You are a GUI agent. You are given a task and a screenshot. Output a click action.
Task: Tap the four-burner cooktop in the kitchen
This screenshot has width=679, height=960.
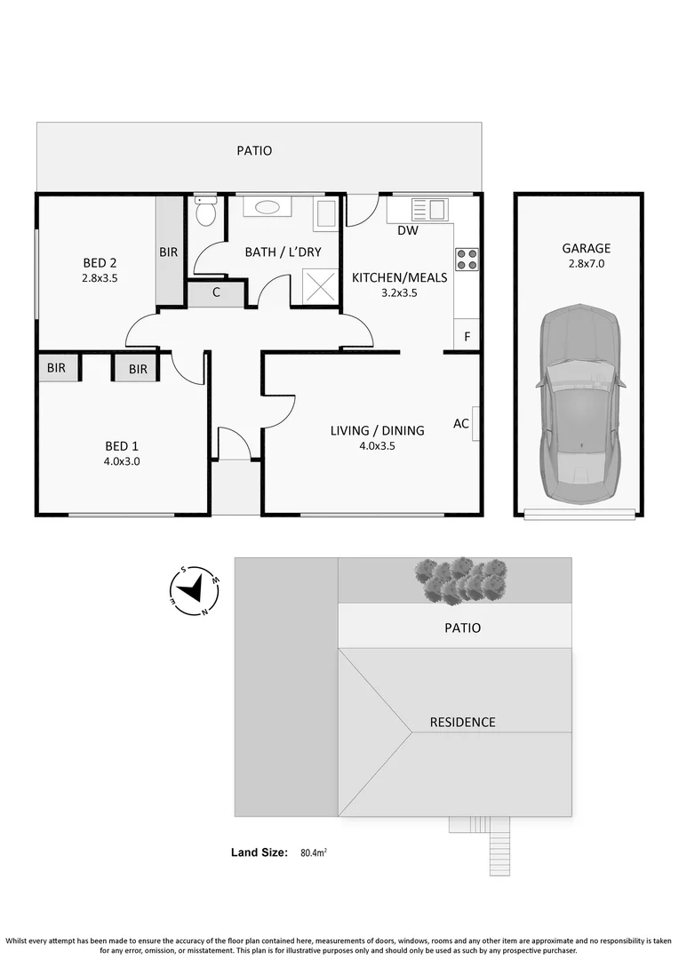(467, 259)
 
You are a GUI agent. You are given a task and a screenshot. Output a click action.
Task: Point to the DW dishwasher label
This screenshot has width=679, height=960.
(407, 231)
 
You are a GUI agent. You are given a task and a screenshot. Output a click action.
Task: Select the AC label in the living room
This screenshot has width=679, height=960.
(460, 424)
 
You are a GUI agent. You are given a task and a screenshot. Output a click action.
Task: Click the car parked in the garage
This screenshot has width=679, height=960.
(580, 404)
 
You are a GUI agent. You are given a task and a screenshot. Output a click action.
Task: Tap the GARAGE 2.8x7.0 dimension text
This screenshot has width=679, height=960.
(586, 264)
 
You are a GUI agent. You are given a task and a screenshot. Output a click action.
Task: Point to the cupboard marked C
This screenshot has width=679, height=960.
(216, 292)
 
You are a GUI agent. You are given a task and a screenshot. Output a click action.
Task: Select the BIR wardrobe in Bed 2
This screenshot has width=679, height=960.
(169, 252)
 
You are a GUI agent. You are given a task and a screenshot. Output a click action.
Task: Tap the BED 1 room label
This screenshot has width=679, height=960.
(122, 447)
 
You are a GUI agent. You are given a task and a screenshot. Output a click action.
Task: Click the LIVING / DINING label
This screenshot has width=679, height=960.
(377, 430)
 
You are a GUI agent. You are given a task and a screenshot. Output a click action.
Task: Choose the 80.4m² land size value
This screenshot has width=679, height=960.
(313, 852)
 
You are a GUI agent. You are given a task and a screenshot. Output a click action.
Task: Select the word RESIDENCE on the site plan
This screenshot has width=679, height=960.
(462, 722)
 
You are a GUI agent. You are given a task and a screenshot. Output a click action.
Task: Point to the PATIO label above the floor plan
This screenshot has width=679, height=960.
(254, 151)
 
